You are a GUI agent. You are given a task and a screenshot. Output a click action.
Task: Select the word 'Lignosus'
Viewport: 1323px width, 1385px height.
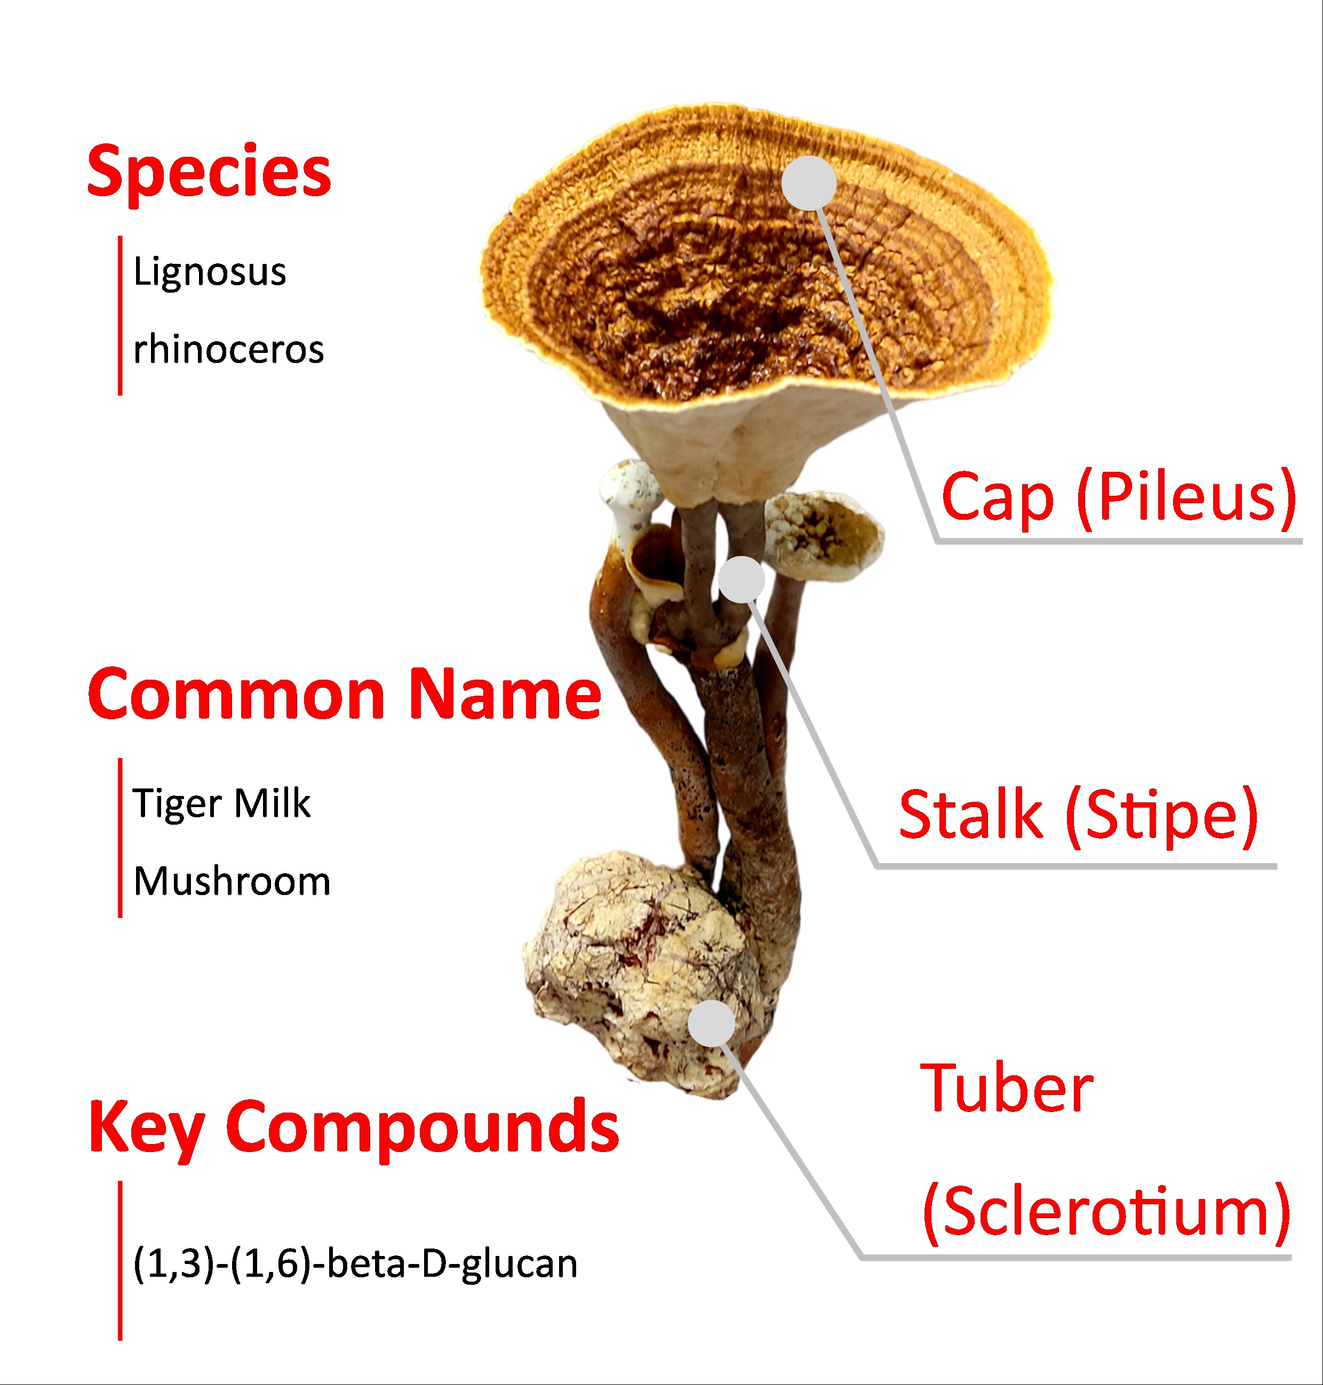[210, 272]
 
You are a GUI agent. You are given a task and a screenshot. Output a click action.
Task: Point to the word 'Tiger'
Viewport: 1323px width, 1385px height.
[177, 803]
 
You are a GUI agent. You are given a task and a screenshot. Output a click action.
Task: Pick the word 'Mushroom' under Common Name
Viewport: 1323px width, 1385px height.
[232, 881]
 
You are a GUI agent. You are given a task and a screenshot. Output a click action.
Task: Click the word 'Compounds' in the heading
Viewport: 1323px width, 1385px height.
[422, 1128]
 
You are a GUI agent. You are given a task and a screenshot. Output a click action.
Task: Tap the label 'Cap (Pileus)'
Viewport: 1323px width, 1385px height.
[1119, 497]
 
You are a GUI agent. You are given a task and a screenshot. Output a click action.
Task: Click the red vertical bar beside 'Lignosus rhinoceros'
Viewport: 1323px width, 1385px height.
[120, 316]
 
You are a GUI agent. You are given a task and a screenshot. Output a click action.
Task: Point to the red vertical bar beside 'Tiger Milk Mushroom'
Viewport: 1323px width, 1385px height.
[120, 838]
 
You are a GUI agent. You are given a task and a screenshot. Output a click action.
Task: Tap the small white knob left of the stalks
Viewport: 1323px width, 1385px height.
[630, 492]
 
